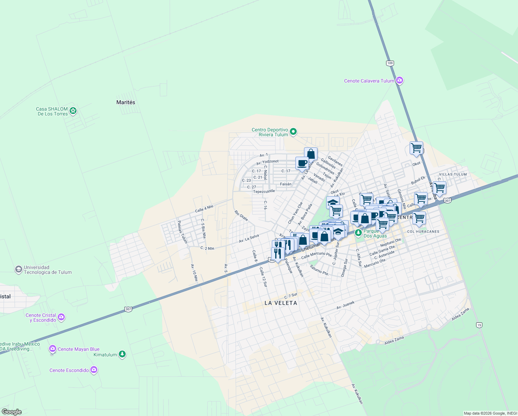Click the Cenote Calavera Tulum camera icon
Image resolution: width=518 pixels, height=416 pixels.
(x=400, y=80)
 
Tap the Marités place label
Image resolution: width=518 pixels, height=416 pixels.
(x=126, y=102)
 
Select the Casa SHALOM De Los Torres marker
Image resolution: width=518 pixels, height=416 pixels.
(x=73, y=111)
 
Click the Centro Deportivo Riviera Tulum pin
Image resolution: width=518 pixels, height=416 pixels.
(x=293, y=131)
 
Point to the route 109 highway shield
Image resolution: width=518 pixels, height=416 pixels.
(x=390, y=63)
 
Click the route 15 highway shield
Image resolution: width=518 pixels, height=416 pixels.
(x=479, y=325)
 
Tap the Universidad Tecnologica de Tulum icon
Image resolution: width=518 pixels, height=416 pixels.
(x=19, y=269)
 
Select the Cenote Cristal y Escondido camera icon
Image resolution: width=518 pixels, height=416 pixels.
(x=61, y=317)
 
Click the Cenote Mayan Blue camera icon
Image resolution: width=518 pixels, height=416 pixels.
(x=53, y=349)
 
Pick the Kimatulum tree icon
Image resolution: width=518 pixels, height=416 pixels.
(x=122, y=354)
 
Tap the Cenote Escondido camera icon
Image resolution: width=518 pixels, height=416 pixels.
(x=94, y=370)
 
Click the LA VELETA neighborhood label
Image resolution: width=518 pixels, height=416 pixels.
(x=281, y=303)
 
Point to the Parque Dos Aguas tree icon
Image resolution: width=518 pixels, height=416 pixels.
(x=358, y=233)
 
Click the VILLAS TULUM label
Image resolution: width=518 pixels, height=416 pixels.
(x=453, y=174)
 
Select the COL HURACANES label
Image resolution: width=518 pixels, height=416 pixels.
(x=423, y=232)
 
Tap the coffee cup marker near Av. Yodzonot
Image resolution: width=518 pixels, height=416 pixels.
(x=302, y=163)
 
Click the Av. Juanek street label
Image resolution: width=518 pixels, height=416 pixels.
(x=346, y=305)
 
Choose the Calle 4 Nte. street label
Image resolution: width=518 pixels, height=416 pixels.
(x=204, y=209)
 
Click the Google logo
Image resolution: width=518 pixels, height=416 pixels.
(x=11, y=411)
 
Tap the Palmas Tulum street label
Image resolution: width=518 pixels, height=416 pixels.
(x=182, y=232)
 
